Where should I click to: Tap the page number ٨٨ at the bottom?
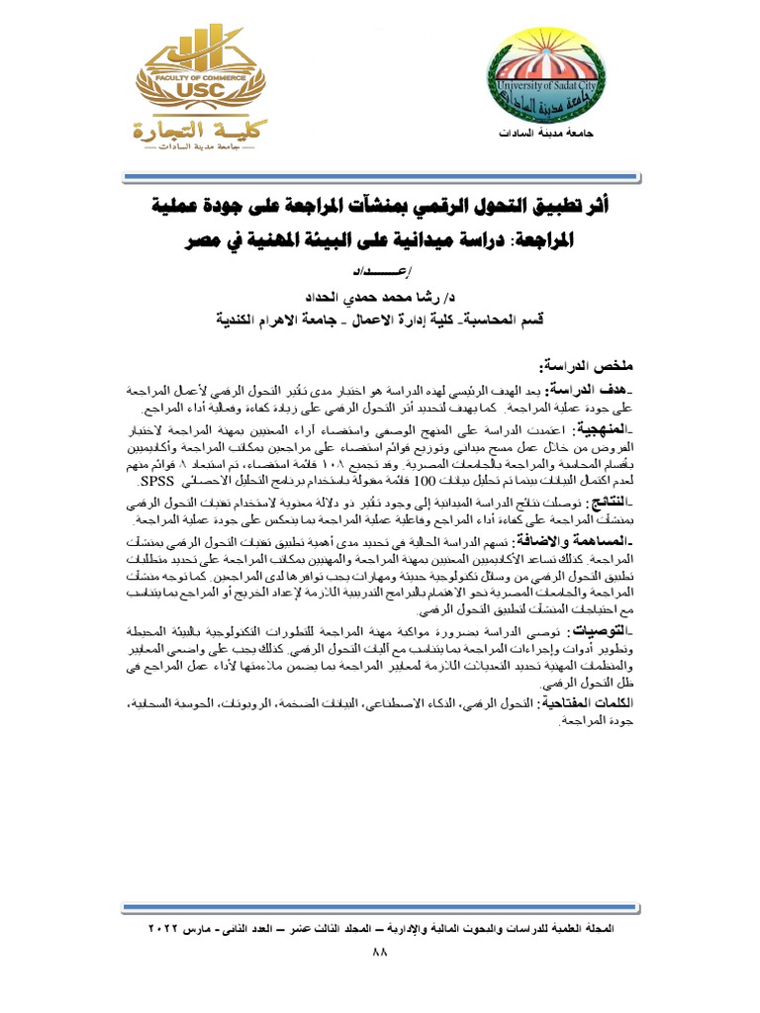pos(380,952)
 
